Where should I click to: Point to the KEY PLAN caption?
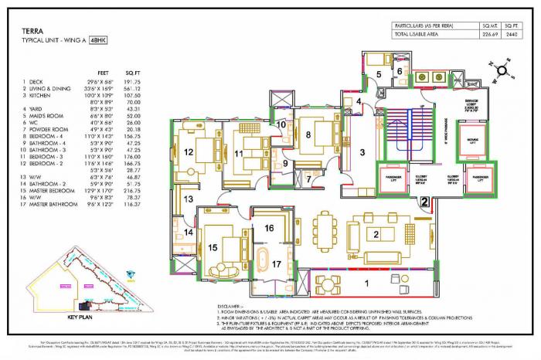pos(80,317)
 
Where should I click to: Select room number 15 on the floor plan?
pos(213,247)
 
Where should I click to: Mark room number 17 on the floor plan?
pos(277,264)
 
